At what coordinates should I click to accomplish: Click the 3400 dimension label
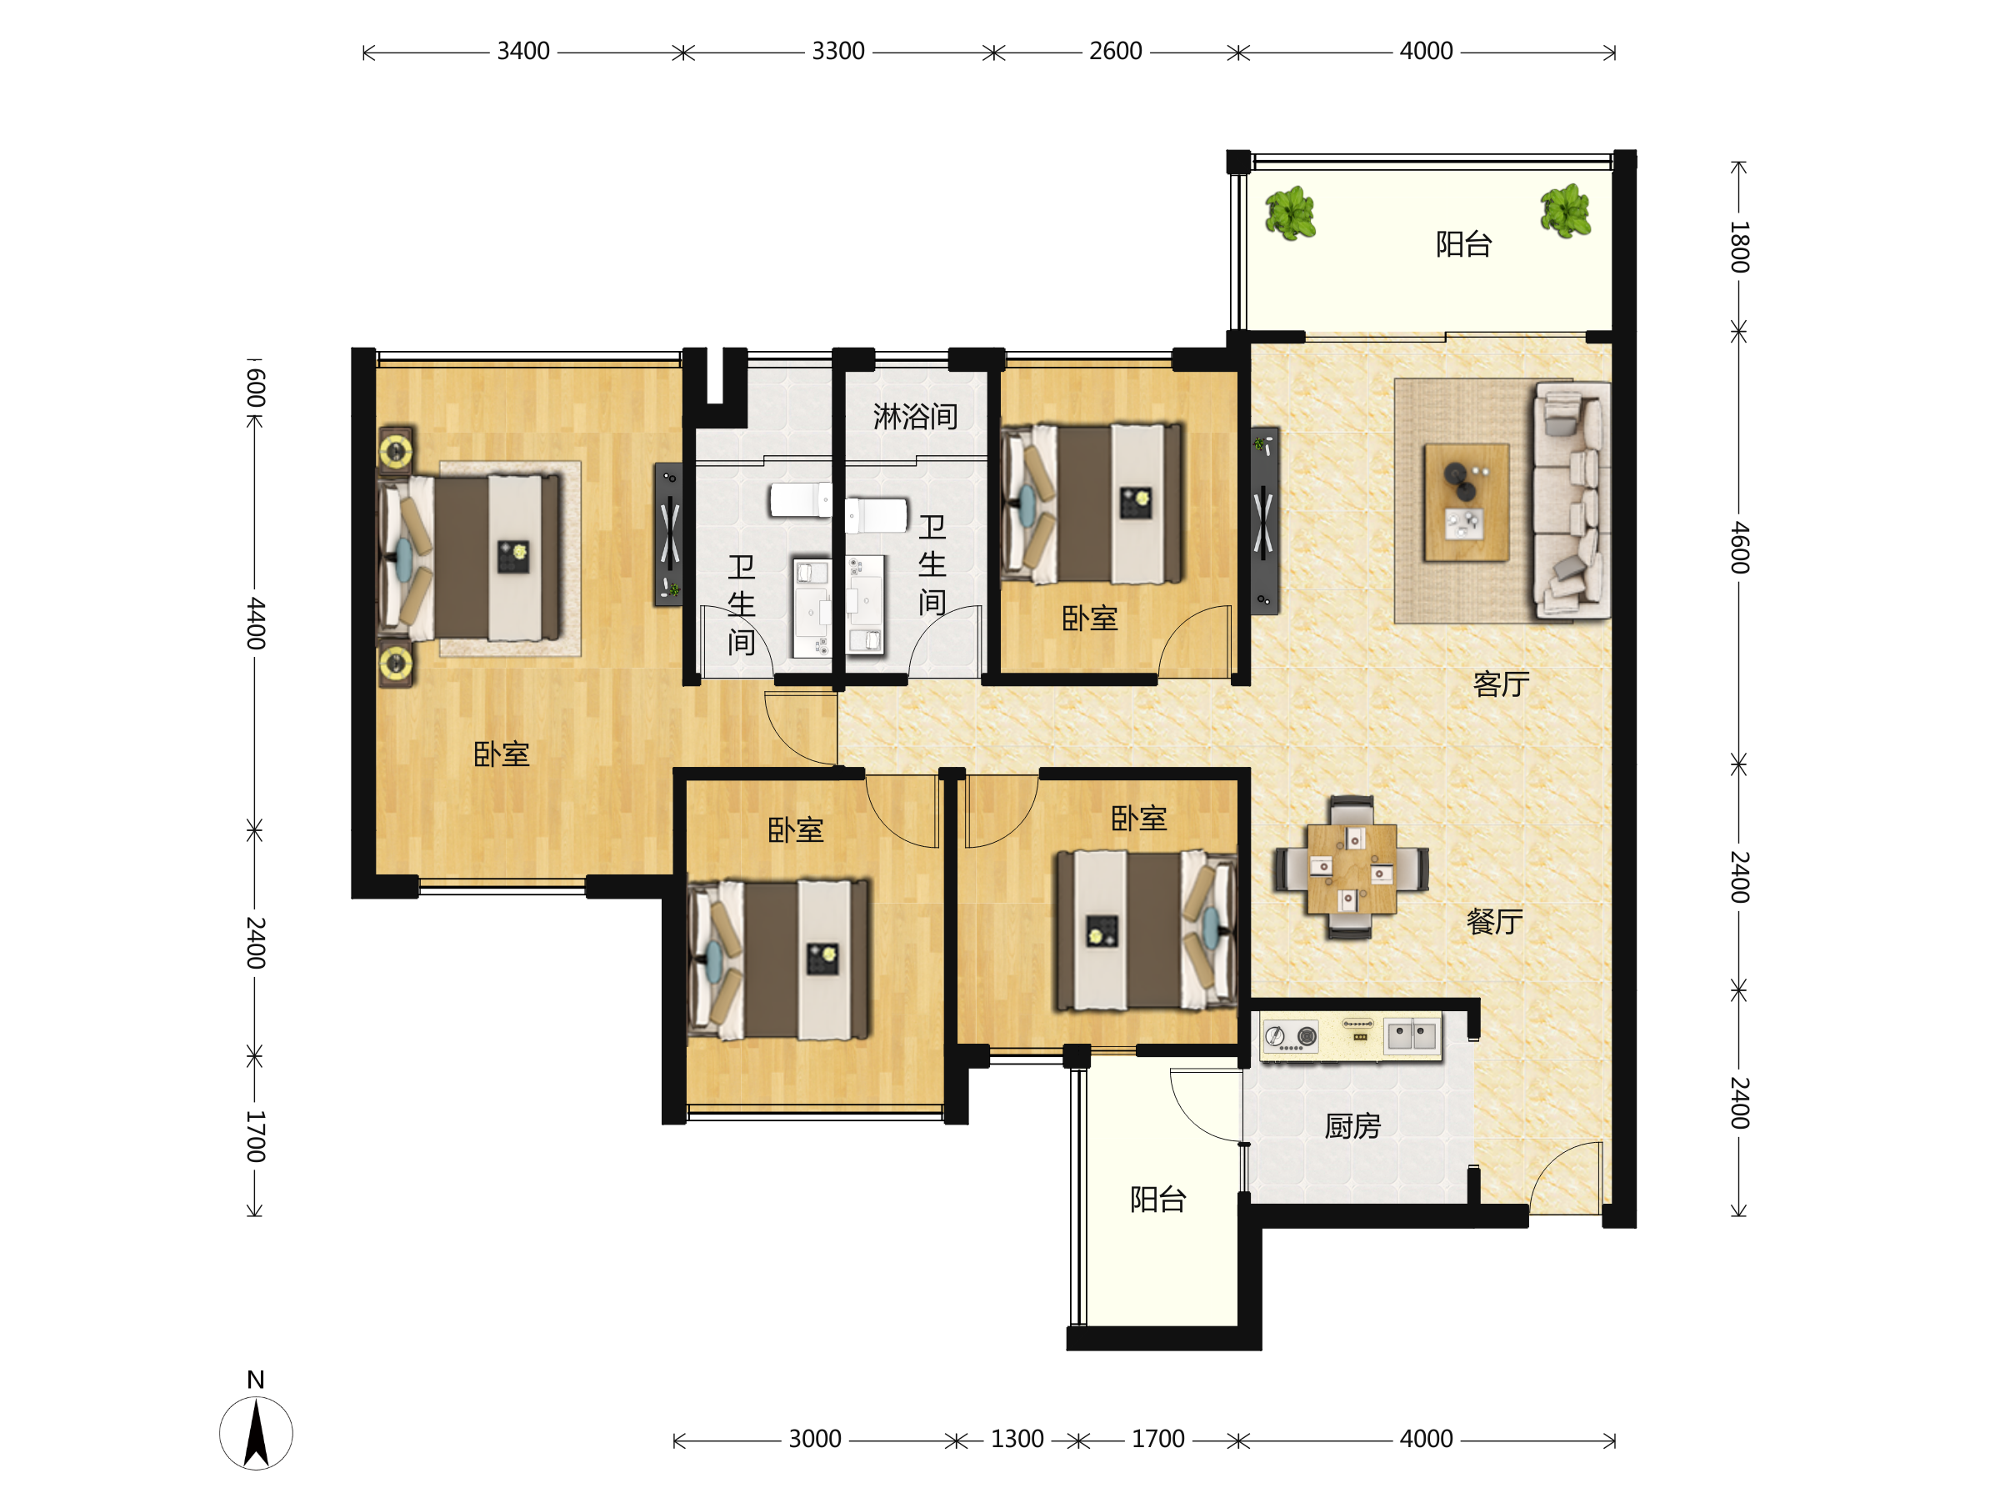[523, 52]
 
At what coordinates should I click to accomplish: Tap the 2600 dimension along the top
[1116, 52]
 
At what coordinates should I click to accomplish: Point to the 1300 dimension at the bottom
[1017, 1439]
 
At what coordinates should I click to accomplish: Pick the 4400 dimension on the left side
[256, 623]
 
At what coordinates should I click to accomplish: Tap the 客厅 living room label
[1501, 684]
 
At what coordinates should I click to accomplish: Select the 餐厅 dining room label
[1494, 921]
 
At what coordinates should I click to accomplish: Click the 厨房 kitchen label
[1352, 1126]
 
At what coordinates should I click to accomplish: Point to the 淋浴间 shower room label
[915, 417]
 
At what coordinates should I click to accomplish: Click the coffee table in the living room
[1466, 502]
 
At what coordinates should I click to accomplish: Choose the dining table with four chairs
[1352, 868]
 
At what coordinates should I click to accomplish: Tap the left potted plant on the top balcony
[1289, 213]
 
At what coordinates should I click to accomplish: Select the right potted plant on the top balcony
[1565, 211]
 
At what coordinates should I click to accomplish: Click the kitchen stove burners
[1291, 1036]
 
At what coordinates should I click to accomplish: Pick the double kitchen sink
[1412, 1035]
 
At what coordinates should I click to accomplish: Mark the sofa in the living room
[1572, 501]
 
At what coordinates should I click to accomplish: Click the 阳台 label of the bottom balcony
[1158, 1199]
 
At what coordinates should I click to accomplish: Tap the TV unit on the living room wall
[1264, 521]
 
